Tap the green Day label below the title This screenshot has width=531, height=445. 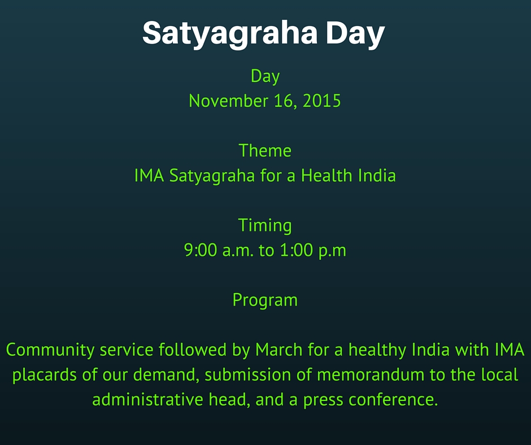265,77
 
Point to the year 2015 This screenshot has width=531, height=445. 321,101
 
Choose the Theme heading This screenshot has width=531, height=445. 265,151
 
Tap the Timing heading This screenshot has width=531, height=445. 265,226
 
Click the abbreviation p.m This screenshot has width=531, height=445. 333,251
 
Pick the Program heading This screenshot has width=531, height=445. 265,300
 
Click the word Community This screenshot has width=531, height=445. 50,350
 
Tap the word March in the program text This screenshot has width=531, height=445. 278,350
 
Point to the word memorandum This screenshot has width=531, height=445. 371,375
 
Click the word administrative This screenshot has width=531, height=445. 147,400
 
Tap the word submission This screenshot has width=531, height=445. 247,375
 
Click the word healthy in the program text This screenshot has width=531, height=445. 377,350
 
